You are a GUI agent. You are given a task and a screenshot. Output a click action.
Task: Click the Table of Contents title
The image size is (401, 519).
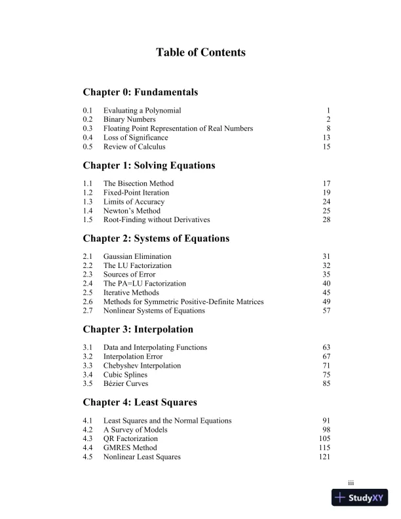[x=200, y=52]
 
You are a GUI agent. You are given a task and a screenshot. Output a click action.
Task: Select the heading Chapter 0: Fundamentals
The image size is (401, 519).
[x=140, y=92]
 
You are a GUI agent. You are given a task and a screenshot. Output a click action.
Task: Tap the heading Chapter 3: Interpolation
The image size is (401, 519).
[x=138, y=329]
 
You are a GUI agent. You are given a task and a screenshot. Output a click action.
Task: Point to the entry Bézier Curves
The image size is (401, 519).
[x=126, y=383]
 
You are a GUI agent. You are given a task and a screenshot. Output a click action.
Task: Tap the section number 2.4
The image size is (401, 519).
[x=88, y=284]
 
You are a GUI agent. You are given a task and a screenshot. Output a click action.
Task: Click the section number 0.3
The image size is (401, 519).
[x=88, y=128]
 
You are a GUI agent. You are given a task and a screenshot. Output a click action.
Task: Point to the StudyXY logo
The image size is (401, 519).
[x=360, y=498]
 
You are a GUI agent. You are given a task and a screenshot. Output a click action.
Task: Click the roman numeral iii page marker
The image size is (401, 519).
[x=351, y=483]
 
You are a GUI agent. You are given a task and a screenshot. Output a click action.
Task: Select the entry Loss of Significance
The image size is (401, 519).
[x=136, y=138]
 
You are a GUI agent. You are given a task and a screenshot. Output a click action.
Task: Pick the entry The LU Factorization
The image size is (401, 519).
[x=138, y=265]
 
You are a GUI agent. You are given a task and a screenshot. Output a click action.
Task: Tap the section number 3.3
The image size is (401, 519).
[x=88, y=366]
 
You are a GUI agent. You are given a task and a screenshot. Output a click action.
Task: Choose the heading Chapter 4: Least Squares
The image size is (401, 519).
[x=140, y=402]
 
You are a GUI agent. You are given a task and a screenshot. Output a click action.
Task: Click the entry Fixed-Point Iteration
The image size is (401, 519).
[x=136, y=193]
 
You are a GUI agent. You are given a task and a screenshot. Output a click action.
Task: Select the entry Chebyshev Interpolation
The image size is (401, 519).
[x=142, y=366]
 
